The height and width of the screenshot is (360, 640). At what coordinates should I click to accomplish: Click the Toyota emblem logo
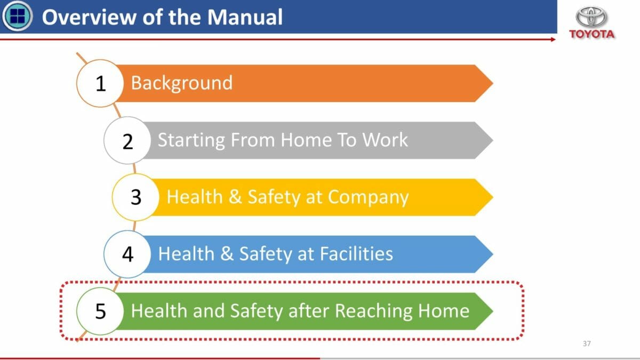tap(591, 17)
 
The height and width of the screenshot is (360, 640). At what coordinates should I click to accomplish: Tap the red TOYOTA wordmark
tap(591, 34)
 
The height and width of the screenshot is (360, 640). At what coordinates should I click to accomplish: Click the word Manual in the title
tap(245, 17)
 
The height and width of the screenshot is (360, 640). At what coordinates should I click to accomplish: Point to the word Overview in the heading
tap(89, 17)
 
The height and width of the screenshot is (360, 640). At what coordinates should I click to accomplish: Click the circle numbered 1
tap(100, 83)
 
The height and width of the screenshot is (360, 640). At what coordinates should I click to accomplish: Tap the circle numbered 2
tap(127, 140)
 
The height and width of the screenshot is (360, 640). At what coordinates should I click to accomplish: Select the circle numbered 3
tap(135, 197)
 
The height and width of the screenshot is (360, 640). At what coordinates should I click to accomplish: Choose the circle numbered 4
tap(127, 254)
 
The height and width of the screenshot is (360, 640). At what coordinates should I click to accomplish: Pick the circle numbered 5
tap(100, 311)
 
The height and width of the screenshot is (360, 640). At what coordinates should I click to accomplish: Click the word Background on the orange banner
tap(182, 83)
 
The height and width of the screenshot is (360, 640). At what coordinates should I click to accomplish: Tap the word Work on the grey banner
tap(385, 140)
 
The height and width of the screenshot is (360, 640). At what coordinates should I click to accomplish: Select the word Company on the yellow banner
tap(369, 198)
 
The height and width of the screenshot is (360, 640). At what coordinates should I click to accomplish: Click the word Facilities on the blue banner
tap(356, 254)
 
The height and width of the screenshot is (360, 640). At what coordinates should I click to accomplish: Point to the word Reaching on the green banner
tap(374, 311)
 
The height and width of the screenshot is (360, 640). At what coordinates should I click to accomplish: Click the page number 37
tap(587, 343)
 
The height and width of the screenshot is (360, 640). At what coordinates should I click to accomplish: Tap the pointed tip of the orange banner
tap(493, 83)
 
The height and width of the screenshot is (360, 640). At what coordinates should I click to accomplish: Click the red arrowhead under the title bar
tap(553, 39)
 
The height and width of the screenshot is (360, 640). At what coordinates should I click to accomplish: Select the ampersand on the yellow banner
tap(235, 197)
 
